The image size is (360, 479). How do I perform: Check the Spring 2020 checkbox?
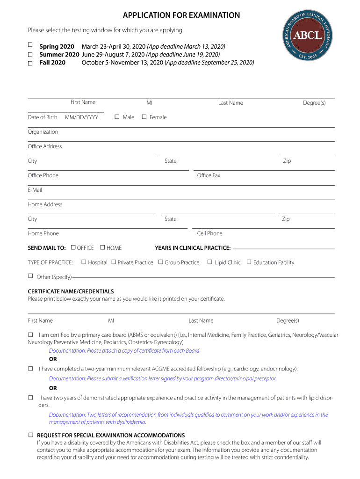point(30,45)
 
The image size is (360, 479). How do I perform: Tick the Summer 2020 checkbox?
point(30,54)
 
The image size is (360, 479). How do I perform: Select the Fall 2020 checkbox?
point(30,63)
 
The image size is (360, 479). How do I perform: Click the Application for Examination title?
point(181,15)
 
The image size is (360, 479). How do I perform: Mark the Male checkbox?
point(117,116)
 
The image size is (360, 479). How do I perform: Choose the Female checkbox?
point(144,116)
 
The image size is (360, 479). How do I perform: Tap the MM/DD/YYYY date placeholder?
point(81,117)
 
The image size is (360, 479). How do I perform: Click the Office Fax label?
point(209,175)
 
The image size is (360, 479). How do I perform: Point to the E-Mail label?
point(35,190)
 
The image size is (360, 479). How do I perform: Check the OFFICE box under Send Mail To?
point(73,247)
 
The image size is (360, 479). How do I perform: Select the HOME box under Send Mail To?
point(103,247)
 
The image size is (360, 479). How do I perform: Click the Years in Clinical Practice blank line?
point(284,248)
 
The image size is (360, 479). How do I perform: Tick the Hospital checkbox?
point(84,262)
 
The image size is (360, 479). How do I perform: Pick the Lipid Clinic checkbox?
point(210,262)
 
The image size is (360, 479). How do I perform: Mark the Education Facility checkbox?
point(249,262)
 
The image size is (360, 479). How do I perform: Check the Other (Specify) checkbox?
point(31,276)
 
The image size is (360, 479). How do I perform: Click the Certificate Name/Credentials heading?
point(71,291)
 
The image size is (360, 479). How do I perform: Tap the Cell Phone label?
point(210,233)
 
